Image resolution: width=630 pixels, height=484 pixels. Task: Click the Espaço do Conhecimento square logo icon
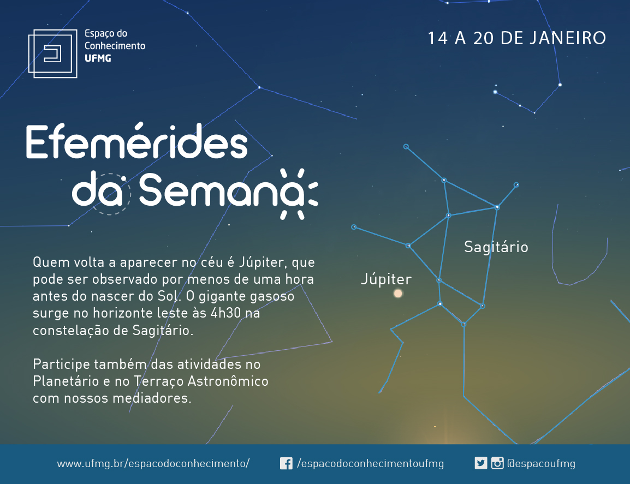coord(52,53)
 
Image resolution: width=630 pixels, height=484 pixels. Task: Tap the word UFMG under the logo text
coord(98,58)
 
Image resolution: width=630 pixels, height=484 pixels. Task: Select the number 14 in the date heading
coord(437,38)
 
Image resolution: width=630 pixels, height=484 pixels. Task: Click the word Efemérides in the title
coord(137,141)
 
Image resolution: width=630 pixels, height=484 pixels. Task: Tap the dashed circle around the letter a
coord(109,194)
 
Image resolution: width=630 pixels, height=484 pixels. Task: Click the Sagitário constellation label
coord(496,247)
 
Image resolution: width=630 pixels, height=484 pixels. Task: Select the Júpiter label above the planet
coord(386,279)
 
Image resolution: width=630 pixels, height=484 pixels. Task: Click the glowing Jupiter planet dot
coord(398,294)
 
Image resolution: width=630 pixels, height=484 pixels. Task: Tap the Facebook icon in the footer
coord(286,463)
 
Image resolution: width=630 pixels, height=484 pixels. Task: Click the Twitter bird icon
coord(480,463)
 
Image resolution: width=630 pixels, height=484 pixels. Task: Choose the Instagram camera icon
coord(497,463)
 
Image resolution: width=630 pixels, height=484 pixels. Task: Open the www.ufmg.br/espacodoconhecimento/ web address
coord(153,463)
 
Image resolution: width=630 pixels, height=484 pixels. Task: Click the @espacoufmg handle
coord(541,463)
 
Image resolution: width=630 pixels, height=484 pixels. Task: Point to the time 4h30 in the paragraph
coord(225,313)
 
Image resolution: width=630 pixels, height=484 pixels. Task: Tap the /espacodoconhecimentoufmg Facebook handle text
coord(371,463)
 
